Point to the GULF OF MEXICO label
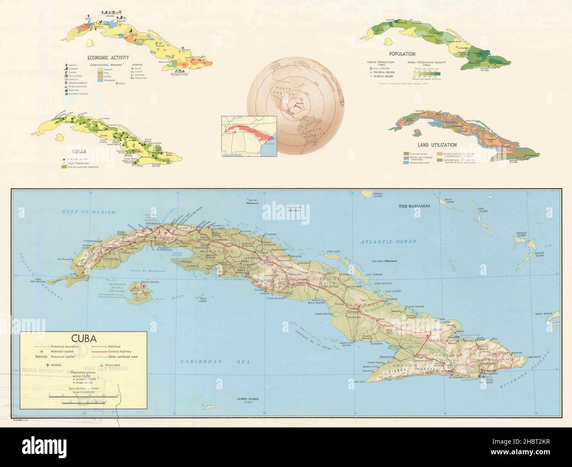pyautogui.click(x=89, y=212)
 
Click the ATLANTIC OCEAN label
pyautogui.click(x=388, y=242)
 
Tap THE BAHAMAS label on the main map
pyautogui.click(x=414, y=206)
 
